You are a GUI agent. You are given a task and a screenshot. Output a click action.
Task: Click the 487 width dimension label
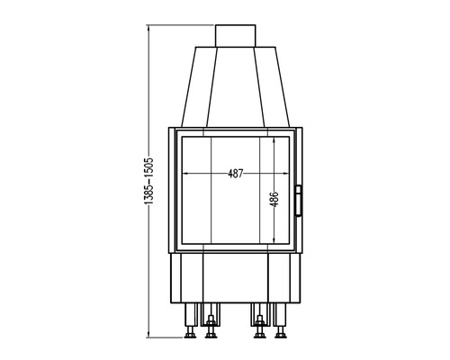pos(237,175)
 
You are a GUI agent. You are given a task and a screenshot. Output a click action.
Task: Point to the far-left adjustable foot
pos(190,333)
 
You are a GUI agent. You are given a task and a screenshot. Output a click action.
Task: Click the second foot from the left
pos(211,333)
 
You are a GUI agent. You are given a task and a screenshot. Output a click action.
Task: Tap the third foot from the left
pos(260,333)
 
